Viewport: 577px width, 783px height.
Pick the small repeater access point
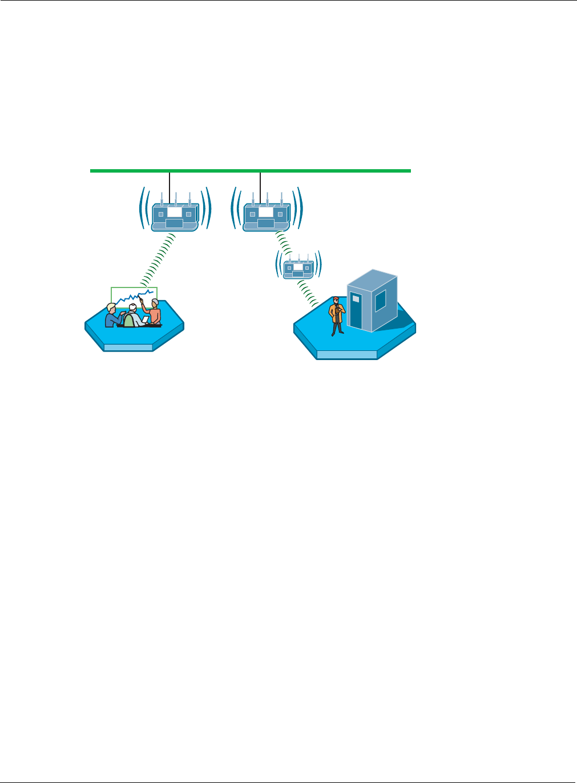[298, 267]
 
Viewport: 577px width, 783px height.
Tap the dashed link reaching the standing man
[308, 293]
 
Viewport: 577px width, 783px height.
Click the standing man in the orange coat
[337, 315]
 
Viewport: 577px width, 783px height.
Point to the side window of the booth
[380, 301]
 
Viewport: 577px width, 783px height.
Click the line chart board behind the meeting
[134, 296]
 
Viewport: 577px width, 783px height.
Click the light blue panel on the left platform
[128, 347]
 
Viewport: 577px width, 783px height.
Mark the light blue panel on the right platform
[347, 355]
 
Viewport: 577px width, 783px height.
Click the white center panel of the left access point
[175, 213]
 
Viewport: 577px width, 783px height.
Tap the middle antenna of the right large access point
[267, 199]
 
